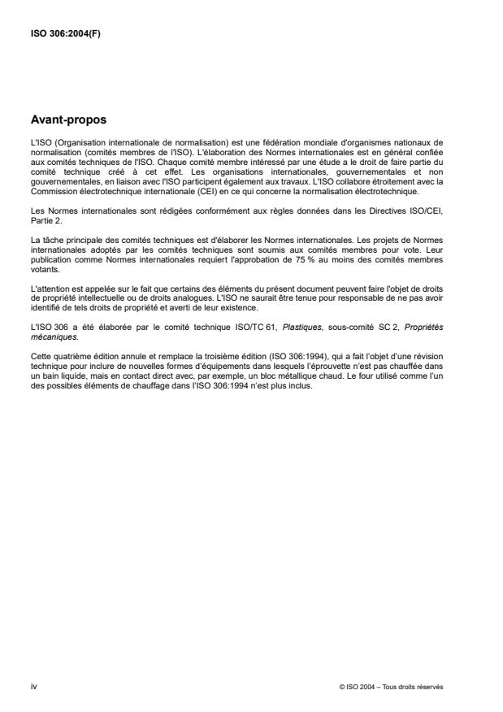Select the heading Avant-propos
point(69,121)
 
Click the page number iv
point(33,686)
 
